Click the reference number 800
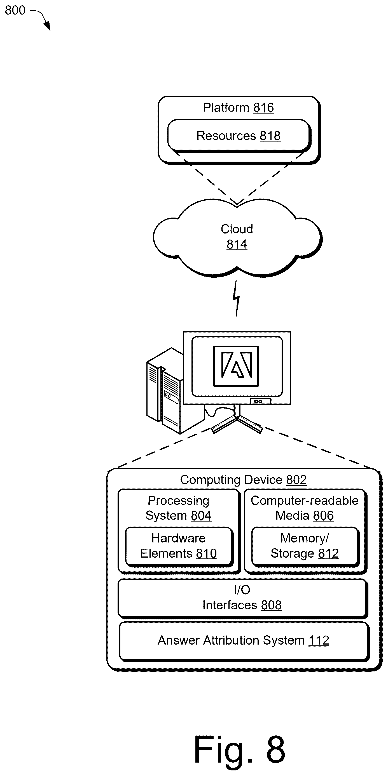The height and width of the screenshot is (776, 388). [15, 10]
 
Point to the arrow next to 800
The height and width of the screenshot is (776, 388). [42, 18]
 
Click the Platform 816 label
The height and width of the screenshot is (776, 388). [238, 108]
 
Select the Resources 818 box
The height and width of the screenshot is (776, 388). [239, 136]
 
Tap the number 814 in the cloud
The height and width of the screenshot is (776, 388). [237, 244]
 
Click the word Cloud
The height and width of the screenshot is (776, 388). [237, 229]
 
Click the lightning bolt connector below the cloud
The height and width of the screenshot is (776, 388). [236, 298]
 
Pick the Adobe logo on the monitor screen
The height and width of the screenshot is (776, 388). [236, 365]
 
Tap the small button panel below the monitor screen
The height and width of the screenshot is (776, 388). [260, 401]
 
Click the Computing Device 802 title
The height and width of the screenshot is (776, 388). [243, 480]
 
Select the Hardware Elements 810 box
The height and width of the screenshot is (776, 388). [179, 546]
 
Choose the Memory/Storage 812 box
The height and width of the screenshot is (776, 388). [305, 546]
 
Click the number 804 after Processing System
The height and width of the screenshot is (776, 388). [201, 515]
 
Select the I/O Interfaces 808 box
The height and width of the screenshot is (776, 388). [242, 598]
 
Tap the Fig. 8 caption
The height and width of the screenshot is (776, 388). [239, 749]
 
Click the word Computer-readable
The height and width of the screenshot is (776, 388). [305, 501]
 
